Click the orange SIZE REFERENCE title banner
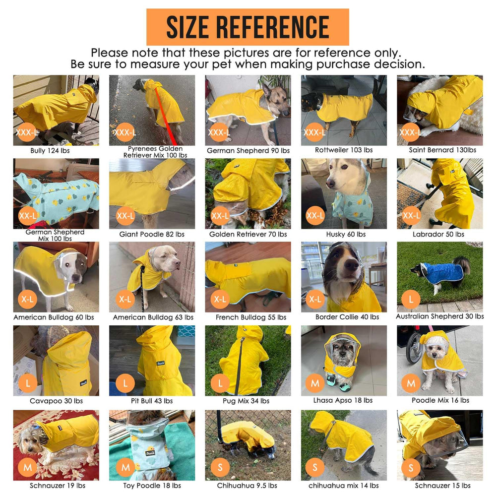(248, 27)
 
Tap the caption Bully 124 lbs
(56, 150)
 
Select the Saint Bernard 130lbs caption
(439, 150)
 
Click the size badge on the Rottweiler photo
(314, 132)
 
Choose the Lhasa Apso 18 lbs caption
(344, 400)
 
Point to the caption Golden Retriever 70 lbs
(248, 234)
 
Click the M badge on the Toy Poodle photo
(125, 467)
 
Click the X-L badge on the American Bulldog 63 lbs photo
(125, 299)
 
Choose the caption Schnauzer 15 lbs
(439, 485)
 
